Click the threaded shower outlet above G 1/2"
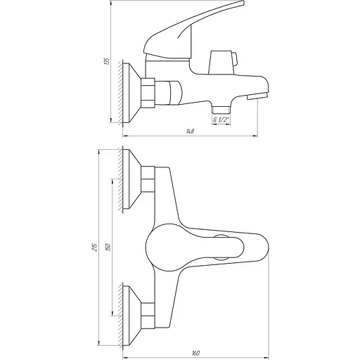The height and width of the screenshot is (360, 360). tap(221, 109)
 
